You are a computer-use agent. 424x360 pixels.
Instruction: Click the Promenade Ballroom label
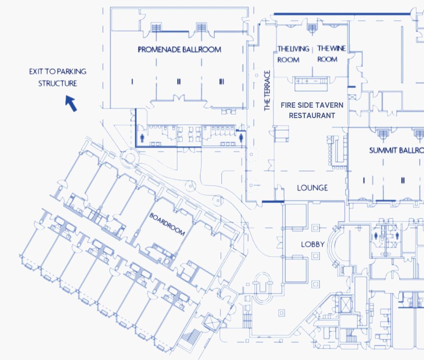[x=179, y=50]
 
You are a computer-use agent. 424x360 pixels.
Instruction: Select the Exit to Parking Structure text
[x=58, y=77]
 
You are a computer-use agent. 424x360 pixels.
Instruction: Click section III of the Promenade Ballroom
[x=221, y=82]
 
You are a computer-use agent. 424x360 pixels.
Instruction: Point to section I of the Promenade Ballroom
[x=132, y=82]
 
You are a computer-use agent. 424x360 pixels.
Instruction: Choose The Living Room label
[x=293, y=54]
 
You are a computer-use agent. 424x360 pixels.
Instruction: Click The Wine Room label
[x=331, y=54]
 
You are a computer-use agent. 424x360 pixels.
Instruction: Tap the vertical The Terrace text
[x=268, y=91]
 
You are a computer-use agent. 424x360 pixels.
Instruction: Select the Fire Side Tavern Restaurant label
[x=312, y=110]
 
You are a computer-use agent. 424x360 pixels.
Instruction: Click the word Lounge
[x=312, y=188]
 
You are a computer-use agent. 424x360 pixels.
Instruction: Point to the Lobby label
[x=313, y=244]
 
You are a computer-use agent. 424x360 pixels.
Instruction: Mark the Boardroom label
[x=167, y=224]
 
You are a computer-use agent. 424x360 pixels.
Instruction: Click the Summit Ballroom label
[x=396, y=150]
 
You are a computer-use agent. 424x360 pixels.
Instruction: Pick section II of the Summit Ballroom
[x=402, y=180]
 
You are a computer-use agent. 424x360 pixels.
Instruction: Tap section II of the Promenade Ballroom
[x=179, y=82]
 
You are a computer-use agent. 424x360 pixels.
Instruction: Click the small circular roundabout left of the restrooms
[x=130, y=158]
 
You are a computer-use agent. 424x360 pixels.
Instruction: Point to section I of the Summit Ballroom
[x=364, y=180]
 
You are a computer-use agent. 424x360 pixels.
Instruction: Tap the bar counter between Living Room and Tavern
[x=311, y=82]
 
